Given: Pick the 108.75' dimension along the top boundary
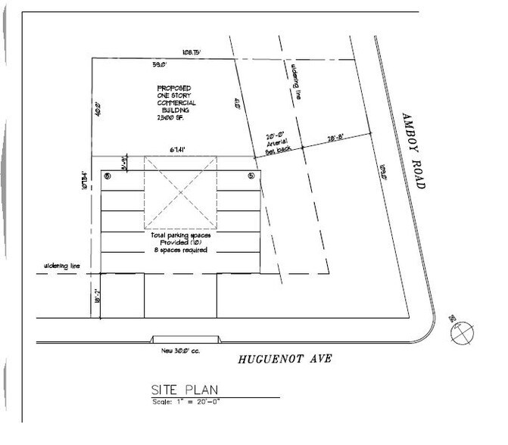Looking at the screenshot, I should pos(190,53).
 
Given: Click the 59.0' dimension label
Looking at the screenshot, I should pos(159,64).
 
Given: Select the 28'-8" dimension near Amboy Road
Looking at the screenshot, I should pos(337,138).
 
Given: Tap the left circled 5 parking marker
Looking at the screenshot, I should pos(108,176).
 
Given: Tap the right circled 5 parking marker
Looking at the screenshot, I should pos(251,176).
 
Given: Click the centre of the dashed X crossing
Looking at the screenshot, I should pos(179,192).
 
